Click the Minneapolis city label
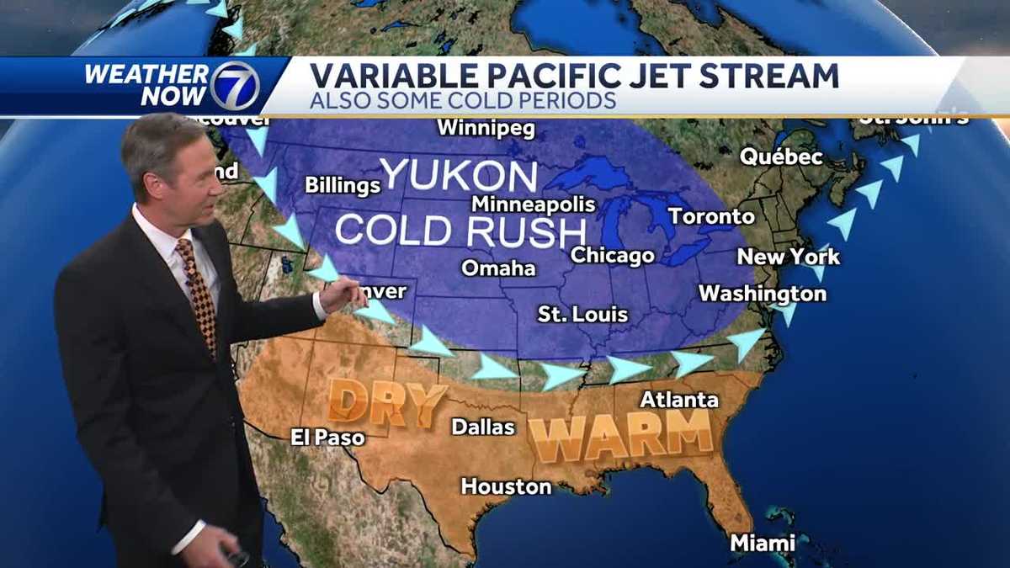pyautogui.click(x=533, y=204)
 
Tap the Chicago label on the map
pyautogui.click(x=612, y=256)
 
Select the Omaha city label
pyautogui.click(x=498, y=268)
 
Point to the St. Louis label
pyautogui.click(x=582, y=315)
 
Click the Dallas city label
pyautogui.click(x=483, y=427)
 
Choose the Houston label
pyautogui.click(x=506, y=486)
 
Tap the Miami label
pyautogui.click(x=763, y=543)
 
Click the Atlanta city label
pyautogui.click(x=679, y=400)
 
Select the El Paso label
pyautogui.click(x=327, y=438)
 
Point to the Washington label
pyautogui.click(x=763, y=294)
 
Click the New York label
pyautogui.click(x=788, y=257)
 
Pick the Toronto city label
pyautogui.click(x=711, y=216)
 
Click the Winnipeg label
pyautogui.click(x=486, y=129)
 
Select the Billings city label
pyautogui.click(x=343, y=185)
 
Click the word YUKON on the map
pyautogui.click(x=459, y=175)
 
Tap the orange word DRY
pyautogui.click(x=385, y=402)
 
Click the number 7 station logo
pyautogui.click(x=234, y=86)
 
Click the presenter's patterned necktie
pyautogui.click(x=198, y=290)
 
